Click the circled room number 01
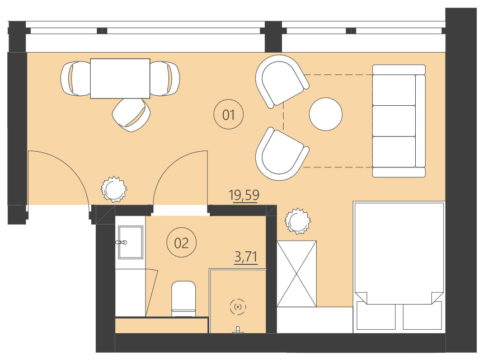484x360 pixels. click(228, 115)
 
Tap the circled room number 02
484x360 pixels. click(181, 243)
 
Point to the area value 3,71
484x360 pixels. click(246, 257)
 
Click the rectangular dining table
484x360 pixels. click(120, 78)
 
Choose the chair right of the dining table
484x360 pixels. click(165, 78)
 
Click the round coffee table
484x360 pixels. click(326, 114)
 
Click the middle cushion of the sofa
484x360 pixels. click(395, 120)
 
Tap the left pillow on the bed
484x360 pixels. click(375, 316)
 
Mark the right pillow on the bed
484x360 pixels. click(423, 316)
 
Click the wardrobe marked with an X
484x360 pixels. click(297, 274)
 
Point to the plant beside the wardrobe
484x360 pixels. click(297, 221)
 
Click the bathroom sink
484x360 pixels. click(130, 242)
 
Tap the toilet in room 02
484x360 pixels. click(183, 297)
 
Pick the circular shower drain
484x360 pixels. click(238, 306)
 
